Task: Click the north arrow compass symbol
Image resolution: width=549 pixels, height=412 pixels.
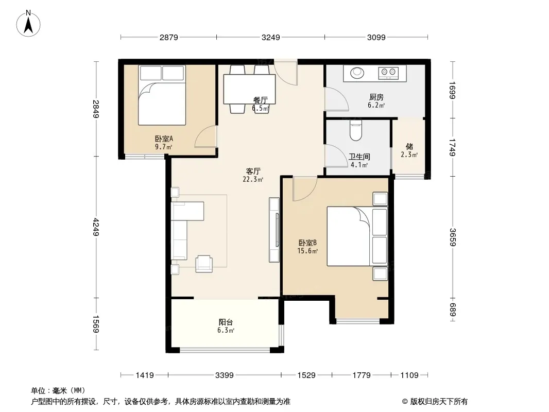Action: (28, 24)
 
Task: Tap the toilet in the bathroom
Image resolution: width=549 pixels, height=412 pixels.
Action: (356, 130)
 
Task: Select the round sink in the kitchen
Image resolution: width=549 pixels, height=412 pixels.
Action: (357, 73)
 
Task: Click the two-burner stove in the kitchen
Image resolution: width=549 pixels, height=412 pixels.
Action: (388, 73)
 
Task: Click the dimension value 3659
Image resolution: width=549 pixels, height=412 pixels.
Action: (453, 237)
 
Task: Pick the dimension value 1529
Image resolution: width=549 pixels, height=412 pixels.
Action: (306, 375)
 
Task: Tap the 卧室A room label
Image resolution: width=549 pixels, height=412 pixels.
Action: (164, 139)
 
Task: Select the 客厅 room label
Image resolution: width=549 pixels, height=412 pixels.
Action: (253, 171)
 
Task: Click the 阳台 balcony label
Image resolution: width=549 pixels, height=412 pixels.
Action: (226, 322)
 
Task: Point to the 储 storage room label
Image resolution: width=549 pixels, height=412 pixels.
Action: (409, 146)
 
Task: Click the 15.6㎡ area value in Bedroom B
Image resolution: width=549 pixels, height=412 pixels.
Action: (307, 251)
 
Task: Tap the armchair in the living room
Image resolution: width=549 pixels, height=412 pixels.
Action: (204, 264)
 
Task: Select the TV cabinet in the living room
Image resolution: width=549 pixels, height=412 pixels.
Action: (274, 230)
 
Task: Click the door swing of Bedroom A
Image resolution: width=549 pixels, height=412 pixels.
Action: (206, 136)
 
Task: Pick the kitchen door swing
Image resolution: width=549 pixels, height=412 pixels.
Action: (336, 99)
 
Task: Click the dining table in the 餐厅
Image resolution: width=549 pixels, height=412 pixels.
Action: (249, 89)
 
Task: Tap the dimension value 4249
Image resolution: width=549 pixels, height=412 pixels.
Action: (96, 227)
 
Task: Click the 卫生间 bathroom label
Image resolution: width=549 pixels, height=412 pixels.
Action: (359, 157)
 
